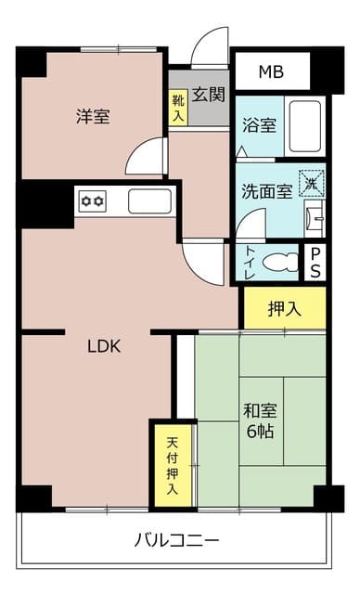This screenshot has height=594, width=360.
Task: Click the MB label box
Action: (x=270, y=71)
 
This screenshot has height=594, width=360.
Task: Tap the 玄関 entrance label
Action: (x=210, y=95)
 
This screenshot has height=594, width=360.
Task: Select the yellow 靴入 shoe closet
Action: (x=177, y=108)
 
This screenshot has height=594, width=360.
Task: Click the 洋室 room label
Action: (x=93, y=117)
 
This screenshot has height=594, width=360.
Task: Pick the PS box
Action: (x=315, y=262)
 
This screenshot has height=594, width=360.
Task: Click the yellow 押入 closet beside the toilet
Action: (x=284, y=308)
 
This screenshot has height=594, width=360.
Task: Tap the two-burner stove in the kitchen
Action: (x=92, y=200)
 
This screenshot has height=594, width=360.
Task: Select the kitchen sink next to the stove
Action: (x=148, y=200)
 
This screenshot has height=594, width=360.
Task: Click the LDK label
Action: (x=104, y=348)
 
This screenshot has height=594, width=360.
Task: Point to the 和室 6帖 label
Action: (x=261, y=420)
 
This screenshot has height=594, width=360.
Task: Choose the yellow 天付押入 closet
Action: (x=173, y=464)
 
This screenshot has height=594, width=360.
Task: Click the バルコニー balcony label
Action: (x=176, y=539)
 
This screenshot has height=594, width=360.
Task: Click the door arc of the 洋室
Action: (x=146, y=158)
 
